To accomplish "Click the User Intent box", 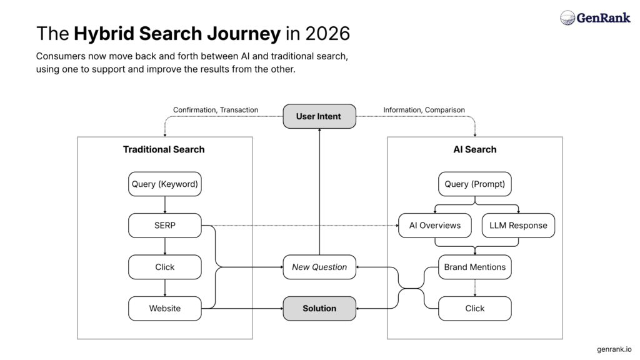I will [319, 116].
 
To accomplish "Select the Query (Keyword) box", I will [165, 184].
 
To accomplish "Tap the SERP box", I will [165, 226].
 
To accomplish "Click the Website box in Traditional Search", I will [165, 308].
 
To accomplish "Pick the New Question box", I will [319, 267].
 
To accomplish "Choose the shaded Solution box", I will [319, 308].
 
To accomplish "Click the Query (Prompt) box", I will [474, 184].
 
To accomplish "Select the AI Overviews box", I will [435, 226].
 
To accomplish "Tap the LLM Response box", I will [518, 226].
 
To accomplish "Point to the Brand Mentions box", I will [474, 267].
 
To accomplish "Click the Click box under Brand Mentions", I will [474, 308].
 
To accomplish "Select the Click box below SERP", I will [165, 267].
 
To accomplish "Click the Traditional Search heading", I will [164, 149].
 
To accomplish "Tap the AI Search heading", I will [474, 149].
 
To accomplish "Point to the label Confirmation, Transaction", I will [216, 110].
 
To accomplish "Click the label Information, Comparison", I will [424, 110].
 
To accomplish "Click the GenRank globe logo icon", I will [567, 17].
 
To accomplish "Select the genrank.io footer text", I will [614, 349].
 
